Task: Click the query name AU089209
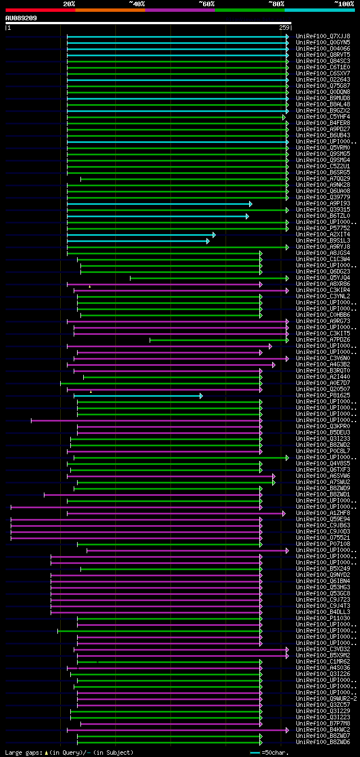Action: click(x=21, y=18)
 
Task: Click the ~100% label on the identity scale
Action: click(x=344, y=3)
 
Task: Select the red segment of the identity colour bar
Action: click(x=40, y=10)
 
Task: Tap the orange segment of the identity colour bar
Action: click(x=110, y=10)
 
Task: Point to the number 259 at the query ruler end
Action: click(x=284, y=28)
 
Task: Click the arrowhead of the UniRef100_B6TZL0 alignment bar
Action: click(x=247, y=216)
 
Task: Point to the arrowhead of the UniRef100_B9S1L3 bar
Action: click(x=208, y=241)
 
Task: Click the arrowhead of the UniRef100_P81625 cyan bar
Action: click(x=201, y=396)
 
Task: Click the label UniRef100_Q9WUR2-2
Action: click(x=326, y=698)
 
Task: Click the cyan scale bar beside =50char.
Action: click(x=255, y=752)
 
